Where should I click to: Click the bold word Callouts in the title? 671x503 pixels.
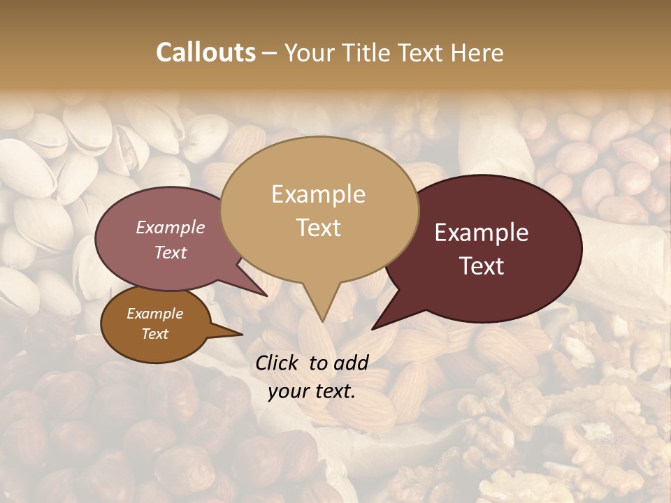206,52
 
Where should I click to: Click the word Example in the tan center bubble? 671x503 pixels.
318,194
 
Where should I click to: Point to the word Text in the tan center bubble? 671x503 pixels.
318,228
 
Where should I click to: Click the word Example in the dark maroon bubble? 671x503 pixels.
482,233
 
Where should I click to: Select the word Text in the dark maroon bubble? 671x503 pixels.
482,266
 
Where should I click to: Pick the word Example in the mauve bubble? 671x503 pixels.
171,227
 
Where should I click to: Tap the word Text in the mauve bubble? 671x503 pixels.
171,252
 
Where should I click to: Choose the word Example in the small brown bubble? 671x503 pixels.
155,314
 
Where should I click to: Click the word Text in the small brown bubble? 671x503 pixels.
155,334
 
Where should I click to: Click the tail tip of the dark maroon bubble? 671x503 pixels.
373,328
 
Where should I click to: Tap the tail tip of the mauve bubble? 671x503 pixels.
268,296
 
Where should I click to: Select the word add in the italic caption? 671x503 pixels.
351,363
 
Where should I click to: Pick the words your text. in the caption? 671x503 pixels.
312,392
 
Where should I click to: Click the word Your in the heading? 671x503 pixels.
312,52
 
